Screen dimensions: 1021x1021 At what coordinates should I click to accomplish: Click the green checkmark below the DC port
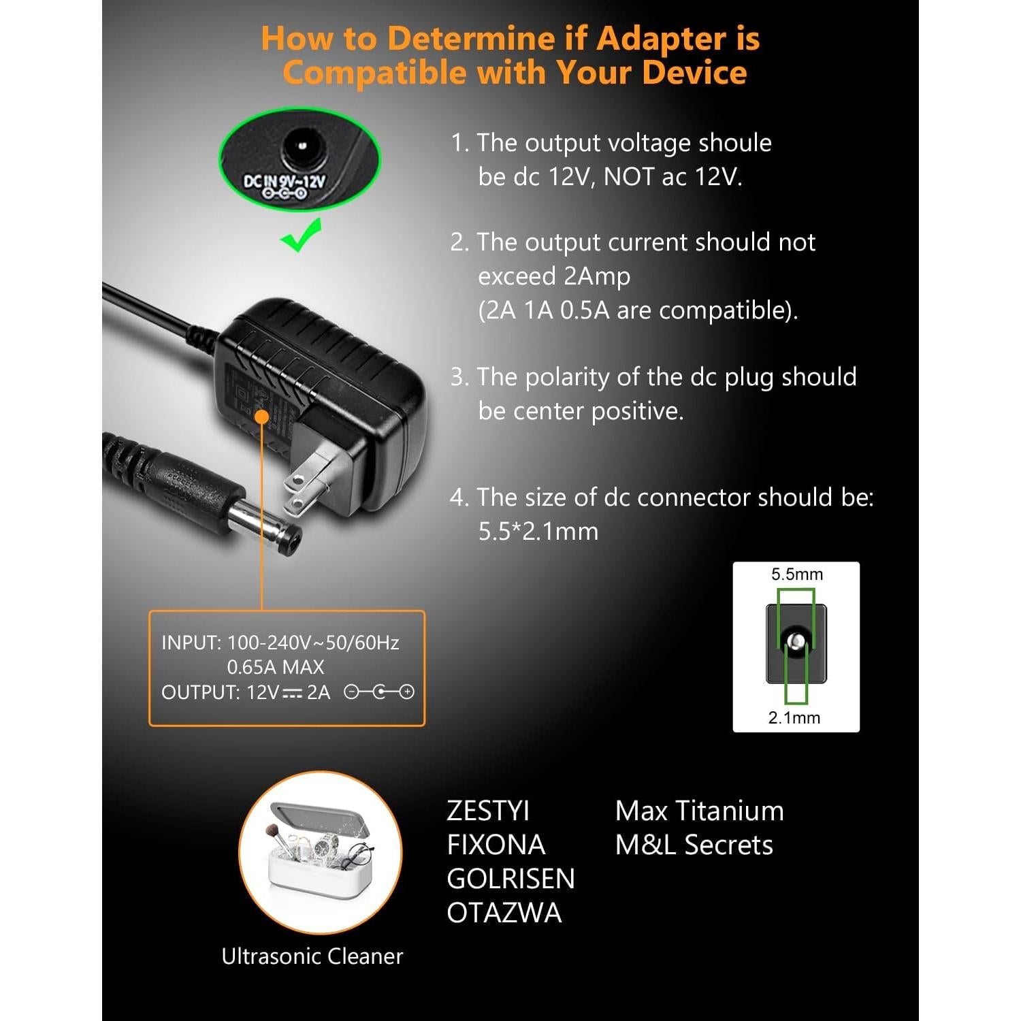click(x=301, y=236)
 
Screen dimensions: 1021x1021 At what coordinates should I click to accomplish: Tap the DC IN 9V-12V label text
click(x=285, y=182)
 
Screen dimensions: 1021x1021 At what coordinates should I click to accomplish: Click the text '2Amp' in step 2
click(x=597, y=276)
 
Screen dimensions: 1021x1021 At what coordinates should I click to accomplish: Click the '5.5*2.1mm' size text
click(x=538, y=532)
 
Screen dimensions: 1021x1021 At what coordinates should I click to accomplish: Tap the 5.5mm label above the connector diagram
click(x=796, y=574)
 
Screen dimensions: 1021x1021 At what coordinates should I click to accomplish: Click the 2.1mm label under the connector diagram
click(x=794, y=717)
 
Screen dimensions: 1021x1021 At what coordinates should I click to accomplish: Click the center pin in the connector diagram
click(x=795, y=641)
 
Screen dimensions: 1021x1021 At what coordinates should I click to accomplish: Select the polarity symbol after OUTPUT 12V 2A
click(x=379, y=692)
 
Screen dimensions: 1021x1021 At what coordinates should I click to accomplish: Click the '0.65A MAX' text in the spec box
click(x=276, y=667)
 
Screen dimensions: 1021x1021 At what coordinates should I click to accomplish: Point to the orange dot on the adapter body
click(x=261, y=417)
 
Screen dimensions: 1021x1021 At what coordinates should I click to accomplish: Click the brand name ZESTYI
click(x=488, y=811)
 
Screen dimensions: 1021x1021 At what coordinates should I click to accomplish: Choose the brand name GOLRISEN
click(x=510, y=879)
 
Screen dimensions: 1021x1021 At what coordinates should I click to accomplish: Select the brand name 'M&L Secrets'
click(x=694, y=845)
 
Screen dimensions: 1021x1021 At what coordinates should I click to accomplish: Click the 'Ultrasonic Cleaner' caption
click(x=312, y=956)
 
